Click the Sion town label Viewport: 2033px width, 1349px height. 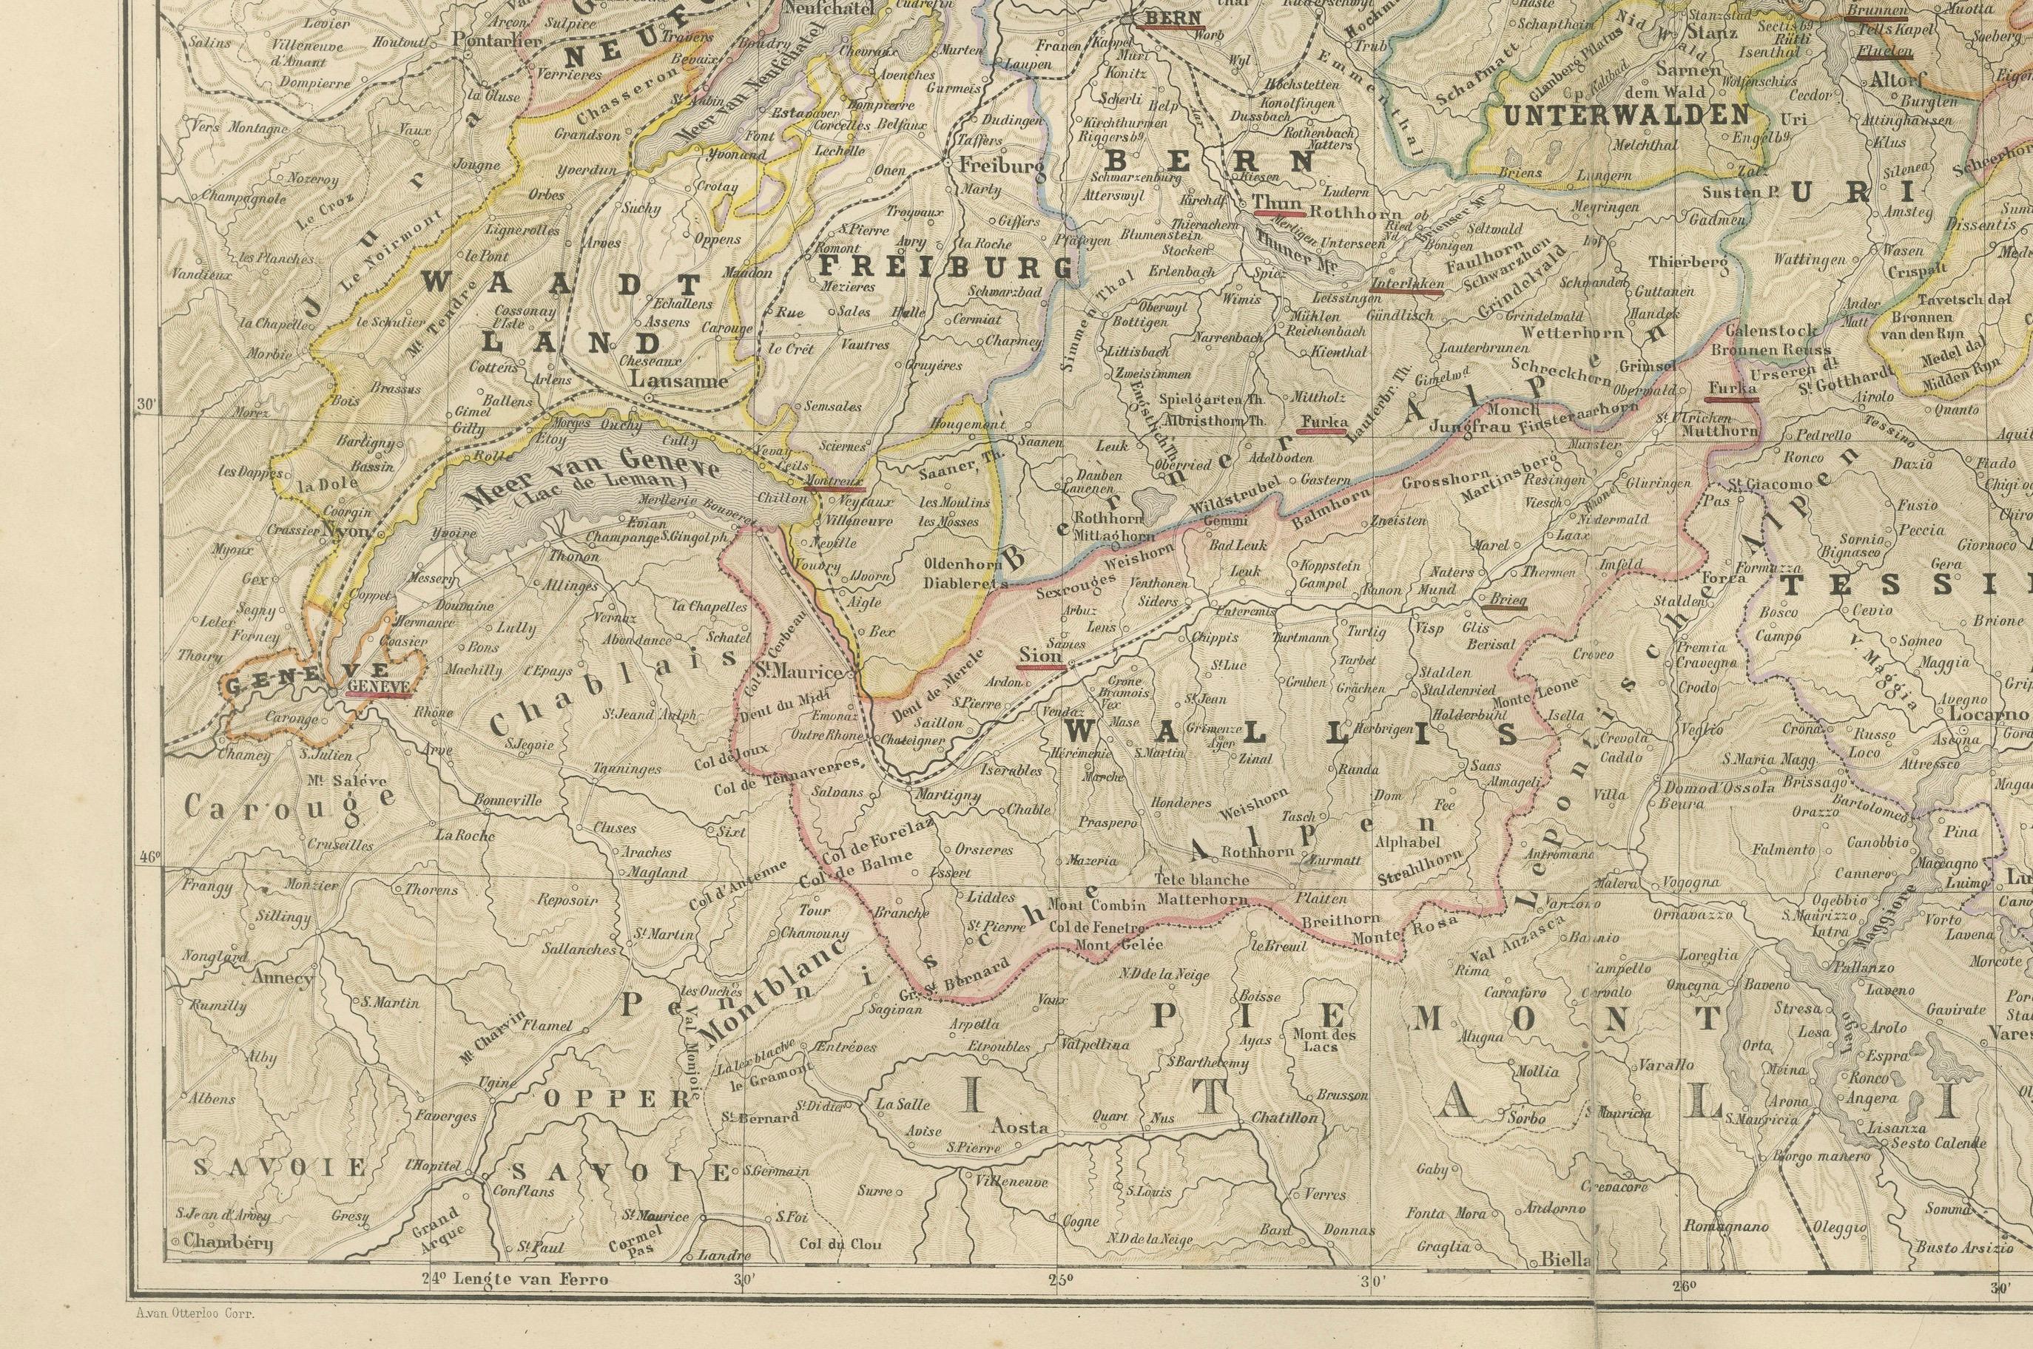[x=1041, y=655]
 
